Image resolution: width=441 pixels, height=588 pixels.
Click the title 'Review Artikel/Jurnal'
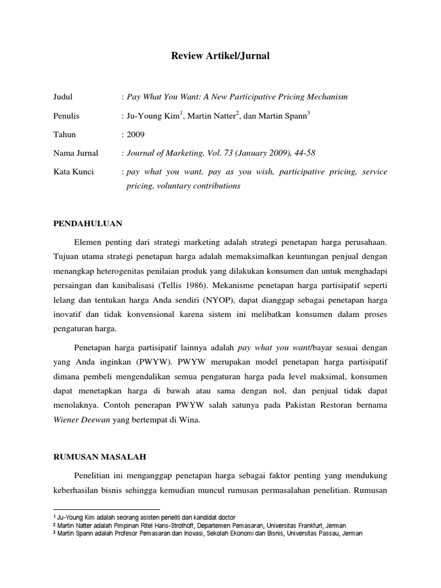[220, 56]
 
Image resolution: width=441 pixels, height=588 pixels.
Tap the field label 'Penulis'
[66, 116]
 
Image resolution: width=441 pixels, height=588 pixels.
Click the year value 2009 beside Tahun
[136, 134]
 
